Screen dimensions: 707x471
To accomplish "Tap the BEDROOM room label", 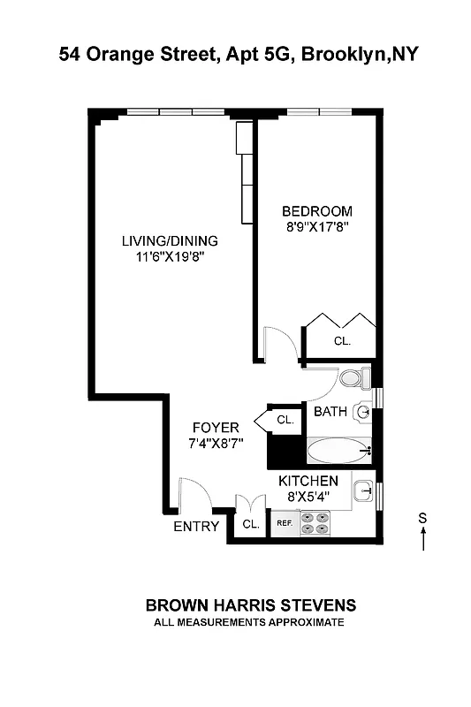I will click(317, 211).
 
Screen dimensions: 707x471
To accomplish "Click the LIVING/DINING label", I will click(170, 240).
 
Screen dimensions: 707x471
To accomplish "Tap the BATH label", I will click(330, 411).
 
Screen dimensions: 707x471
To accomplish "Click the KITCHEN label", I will click(308, 481).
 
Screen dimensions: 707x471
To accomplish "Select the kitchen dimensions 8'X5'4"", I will click(308, 496).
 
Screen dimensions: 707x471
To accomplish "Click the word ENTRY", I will click(196, 527).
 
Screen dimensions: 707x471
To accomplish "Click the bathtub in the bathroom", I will click(339, 452).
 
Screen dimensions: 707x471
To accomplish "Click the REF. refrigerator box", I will click(285, 523).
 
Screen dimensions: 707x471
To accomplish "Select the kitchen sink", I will click(363, 491).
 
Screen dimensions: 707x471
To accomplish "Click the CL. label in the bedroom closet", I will click(342, 340).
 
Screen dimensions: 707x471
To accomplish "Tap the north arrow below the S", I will click(423, 538).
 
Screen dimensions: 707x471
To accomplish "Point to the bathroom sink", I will click(363, 411).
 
